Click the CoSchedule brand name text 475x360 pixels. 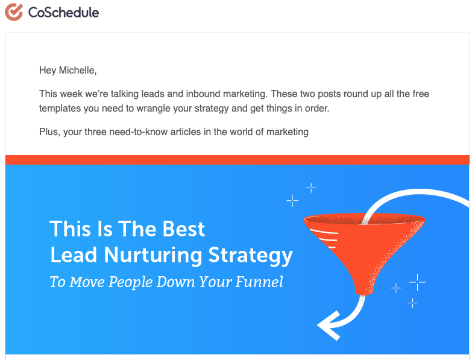(64, 13)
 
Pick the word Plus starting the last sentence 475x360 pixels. (49, 132)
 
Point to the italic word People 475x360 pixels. (130, 282)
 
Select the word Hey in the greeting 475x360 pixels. (48, 71)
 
